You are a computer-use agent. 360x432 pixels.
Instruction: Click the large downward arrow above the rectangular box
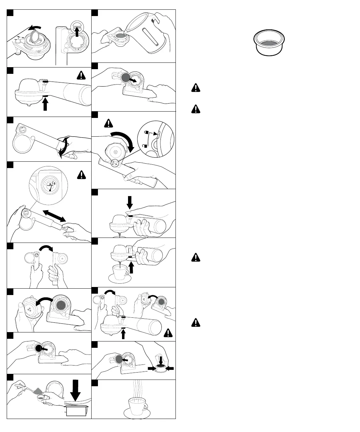(x=76, y=391)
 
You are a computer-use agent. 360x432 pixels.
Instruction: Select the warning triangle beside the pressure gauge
(x=81, y=175)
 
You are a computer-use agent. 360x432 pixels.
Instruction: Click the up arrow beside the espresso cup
(x=131, y=267)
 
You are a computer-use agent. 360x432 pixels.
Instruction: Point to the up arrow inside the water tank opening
(x=77, y=33)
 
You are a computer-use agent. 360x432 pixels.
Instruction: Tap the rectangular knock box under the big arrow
(x=76, y=411)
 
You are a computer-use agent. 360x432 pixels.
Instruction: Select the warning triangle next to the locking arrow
(x=109, y=123)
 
